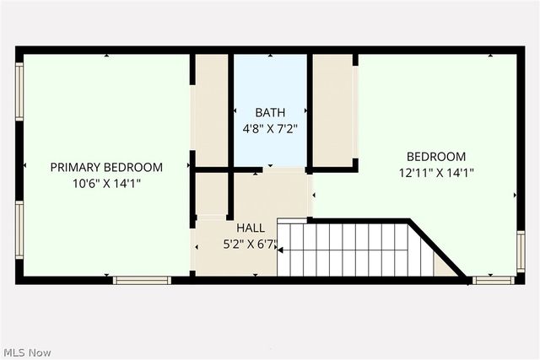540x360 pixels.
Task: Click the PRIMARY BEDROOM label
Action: point(106,167)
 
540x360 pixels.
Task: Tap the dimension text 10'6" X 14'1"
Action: point(106,183)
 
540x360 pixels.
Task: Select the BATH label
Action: point(270,112)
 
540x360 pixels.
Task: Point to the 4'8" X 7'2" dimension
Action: point(270,129)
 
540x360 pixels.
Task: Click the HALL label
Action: point(251,228)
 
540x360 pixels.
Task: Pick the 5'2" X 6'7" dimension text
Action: point(251,244)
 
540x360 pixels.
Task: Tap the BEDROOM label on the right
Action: point(436,156)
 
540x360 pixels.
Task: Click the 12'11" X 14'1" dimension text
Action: point(436,173)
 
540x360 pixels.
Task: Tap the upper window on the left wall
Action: point(19,93)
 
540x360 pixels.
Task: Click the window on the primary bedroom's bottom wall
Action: point(142,280)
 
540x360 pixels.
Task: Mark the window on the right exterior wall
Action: point(521,251)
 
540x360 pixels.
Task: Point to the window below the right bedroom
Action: point(494,280)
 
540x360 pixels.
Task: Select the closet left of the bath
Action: point(212,110)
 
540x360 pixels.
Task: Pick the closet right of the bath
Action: point(332,110)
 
